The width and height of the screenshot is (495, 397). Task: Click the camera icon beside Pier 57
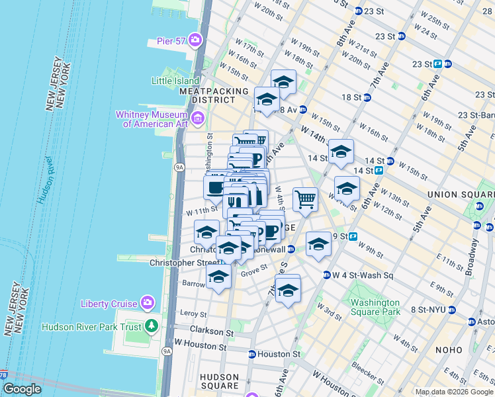coord(195,40)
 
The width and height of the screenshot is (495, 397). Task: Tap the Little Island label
coord(175,81)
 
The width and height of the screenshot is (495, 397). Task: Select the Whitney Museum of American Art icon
coord(199,119)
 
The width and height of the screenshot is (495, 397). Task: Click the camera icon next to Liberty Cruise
coord(147,304)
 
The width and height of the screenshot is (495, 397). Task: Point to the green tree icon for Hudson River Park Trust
coord(152,326)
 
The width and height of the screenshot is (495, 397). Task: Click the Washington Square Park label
coord(375,307)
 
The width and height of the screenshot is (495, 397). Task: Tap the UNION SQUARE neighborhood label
coord(461,194)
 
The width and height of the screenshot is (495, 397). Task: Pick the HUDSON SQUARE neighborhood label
coord(219,380)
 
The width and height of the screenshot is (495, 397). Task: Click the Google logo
coord(21,390)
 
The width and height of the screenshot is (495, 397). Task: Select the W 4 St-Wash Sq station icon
coord(327,275)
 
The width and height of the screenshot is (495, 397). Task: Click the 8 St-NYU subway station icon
coord(451,310)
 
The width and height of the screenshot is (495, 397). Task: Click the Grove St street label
coord(253,269)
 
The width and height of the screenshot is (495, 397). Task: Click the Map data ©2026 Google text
coord(454,392)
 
